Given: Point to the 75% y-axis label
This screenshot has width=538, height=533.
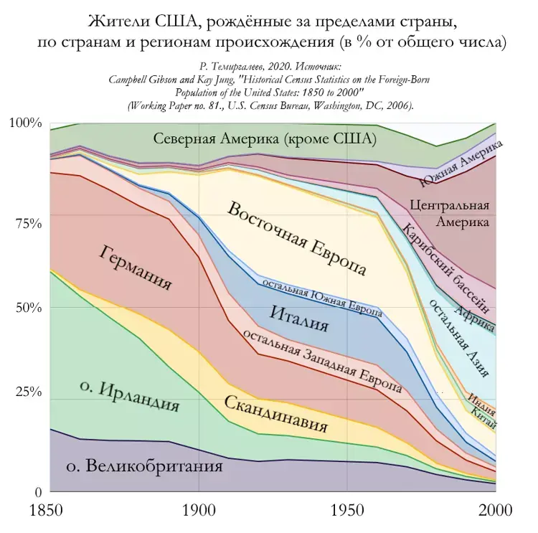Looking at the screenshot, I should coord(29,222).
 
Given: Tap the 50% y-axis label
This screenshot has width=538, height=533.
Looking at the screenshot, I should coord(29,308).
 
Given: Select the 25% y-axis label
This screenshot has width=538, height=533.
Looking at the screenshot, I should coord(29,392).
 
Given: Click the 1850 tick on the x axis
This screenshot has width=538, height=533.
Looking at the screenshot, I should coord(47,511).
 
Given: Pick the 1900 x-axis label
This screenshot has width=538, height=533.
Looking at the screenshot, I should coord(198,511).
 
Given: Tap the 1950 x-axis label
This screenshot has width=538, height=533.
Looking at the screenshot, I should coord(348,511).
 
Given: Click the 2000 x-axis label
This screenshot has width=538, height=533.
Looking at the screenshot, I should coord(495,511).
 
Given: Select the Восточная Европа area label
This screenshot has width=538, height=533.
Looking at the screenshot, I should coord(297,239).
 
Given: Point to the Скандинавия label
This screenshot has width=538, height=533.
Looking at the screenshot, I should coord(275,415).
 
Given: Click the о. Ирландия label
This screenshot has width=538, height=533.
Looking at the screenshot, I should coord(129,395).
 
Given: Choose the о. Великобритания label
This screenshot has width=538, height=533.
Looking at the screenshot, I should coord(144,466).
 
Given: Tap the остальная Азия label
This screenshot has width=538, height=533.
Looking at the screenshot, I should coord(460,337).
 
